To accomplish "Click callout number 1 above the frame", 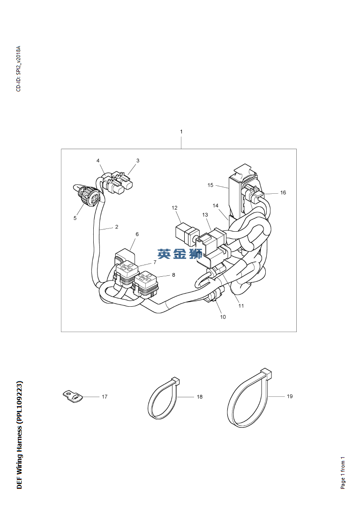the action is point(181,132).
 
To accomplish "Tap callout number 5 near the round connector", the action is point(75,218).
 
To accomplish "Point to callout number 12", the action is point(174,208).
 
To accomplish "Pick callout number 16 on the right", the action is point(283,192).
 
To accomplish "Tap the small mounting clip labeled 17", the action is point(73,396).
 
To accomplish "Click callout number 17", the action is point(105,396).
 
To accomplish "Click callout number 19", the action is point(290,396).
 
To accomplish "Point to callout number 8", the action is point(173,275).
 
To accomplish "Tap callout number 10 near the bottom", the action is point(223,317).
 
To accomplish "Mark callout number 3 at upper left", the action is point(138,160).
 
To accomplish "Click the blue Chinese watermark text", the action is point(180,254).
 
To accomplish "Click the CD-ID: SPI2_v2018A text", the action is point(18,68).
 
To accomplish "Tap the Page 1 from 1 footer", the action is point(343,473).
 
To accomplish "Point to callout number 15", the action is point(210,185).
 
